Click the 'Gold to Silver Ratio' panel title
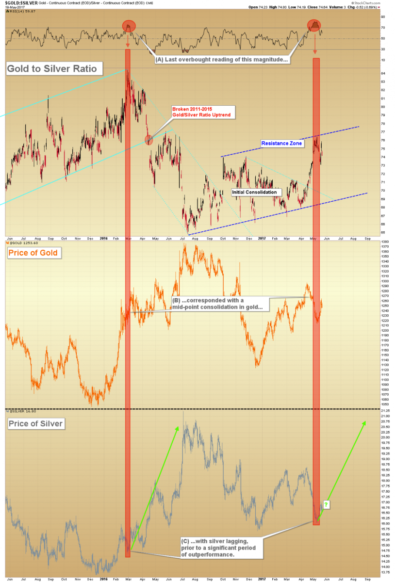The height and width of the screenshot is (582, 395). coord(54,68)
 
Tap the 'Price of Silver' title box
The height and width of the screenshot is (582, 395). coord(35,424)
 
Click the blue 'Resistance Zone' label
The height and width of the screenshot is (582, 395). coord(281,144)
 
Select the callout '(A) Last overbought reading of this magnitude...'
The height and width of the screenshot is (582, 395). coord(222,60)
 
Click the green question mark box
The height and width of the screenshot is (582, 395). coord(326,505)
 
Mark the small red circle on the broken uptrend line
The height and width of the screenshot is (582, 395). coord(149,140)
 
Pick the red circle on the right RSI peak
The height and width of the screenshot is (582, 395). coord(314,26)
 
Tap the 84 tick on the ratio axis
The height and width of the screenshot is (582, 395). coord(383,73)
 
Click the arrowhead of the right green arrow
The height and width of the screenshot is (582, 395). coord(364,422)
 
